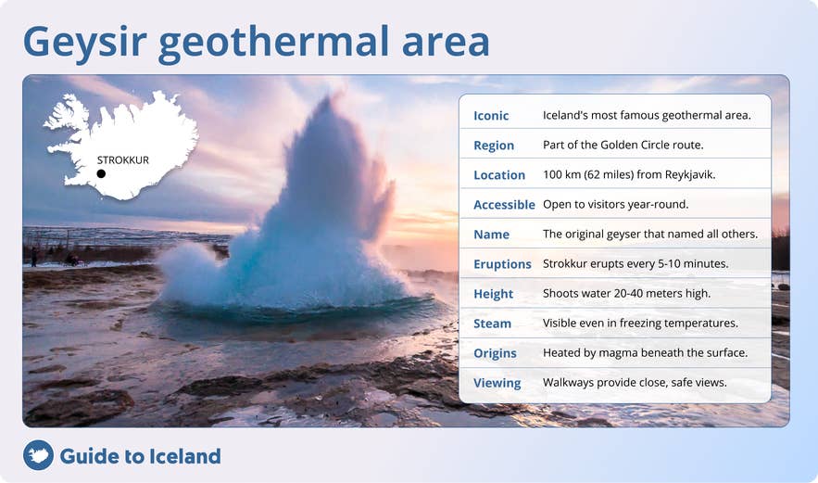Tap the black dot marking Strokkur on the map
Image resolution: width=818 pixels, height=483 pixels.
pyautogui.click(x=101, y=173)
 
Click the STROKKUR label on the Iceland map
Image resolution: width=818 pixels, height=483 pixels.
pyautogui.click(x=122, y=159)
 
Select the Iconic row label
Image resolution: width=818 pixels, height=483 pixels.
pyautogui.click(x=491, y=116)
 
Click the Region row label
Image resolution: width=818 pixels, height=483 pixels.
pyautogui.click(x=494, y=146)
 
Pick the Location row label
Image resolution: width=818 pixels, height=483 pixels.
pyautogui.click(x=499, y=175)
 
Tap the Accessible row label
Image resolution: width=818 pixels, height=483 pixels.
pyautogui.click(x=504, y=205)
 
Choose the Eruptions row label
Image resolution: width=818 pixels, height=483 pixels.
pyautogui.click(x=502, y=264)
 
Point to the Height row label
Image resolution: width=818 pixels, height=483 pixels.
pyautogui.click(x=493, y=294)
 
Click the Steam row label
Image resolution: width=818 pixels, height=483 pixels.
pyautogui.click(x=492, y=324)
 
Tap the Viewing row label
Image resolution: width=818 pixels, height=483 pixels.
pyautogui.click(x=497, y=383)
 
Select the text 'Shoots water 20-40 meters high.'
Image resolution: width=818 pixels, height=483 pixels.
pyautogui.click(x=626, y=294)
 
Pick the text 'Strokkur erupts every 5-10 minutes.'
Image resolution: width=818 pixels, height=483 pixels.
pyautogui.click(x=635, y=264)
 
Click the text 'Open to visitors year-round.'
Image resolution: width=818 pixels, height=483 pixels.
pyautogui.click(x=616, y=205)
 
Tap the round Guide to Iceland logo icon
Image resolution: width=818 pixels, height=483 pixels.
pyautogui.click(x=38, y=455)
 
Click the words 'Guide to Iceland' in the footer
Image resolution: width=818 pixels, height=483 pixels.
pyautogui.click(x=140, y=456)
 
